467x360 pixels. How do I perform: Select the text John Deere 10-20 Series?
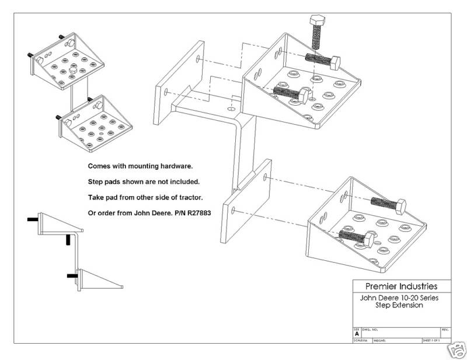coord(400,298)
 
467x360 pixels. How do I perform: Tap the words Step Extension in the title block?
coord(400,305)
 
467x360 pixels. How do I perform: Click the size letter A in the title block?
coord(357,334)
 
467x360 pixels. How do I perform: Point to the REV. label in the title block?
coord(445,330)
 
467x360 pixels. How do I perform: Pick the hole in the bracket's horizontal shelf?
coord(232,109)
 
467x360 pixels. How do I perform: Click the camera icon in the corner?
coord(456,352)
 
